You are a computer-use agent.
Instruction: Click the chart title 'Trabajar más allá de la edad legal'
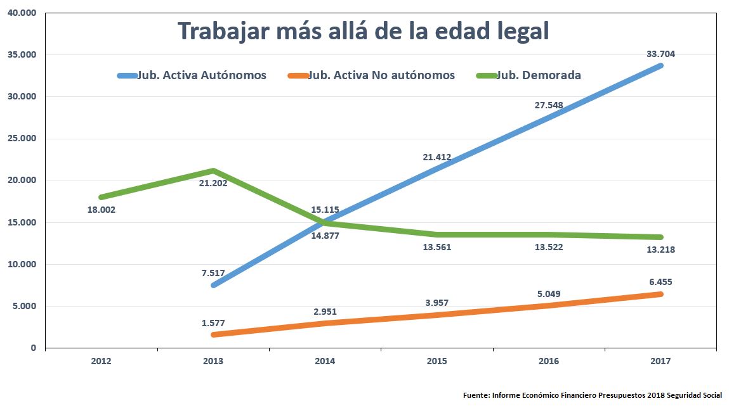(362, 32)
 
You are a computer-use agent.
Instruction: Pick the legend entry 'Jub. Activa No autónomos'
(381, 75)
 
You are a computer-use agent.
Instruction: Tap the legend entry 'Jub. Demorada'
(538, 75)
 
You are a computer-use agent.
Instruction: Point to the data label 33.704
(660, 54)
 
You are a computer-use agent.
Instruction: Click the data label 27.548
(549, 106)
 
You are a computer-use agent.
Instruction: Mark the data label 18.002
(102, 209)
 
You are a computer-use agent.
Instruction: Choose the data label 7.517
(213, 273)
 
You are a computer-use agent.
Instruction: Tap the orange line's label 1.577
(213, 323)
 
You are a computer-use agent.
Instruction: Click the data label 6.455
(660, 282)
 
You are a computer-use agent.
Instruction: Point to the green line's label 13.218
(660, 250)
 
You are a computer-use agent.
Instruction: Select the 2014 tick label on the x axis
(325, 361)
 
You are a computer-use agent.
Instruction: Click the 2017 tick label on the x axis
(660, 361)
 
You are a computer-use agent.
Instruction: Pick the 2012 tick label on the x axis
(102, 361)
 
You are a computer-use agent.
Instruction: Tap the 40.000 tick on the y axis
(22, 13)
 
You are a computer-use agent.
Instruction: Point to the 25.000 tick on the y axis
(22, 139)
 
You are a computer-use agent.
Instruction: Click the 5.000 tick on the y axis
(25, 306)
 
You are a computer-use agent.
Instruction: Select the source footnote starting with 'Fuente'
(592, 395)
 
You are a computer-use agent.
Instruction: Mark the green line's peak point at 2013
(213, 170)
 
